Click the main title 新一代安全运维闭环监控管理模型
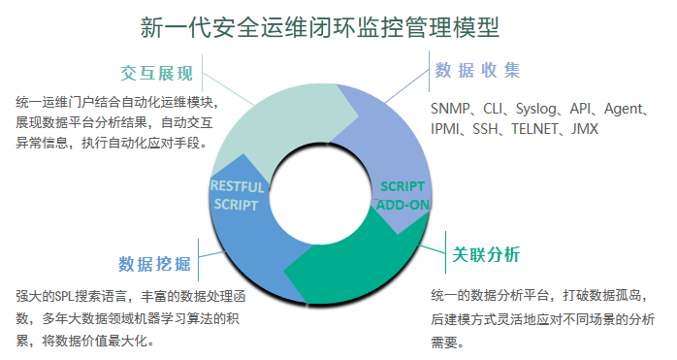pyautogui.click(x=320, y=27)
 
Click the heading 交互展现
pyautogui.click(x=157, y=74)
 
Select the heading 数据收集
pyautogui.click(x=477, y=71)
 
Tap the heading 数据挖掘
pyautogui.click(x=154, y=264)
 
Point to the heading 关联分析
pyautogui.click(x=487, y=255)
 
